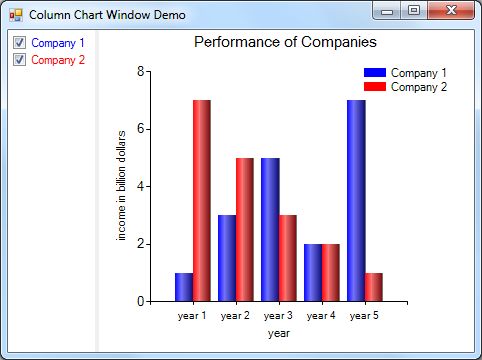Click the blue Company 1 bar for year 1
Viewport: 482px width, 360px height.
point(183,286)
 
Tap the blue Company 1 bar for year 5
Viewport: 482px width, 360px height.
point(356,200)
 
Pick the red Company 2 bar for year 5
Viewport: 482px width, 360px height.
point(374,286)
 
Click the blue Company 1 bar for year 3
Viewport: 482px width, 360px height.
point(270,229)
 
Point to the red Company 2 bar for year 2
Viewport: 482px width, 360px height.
point(244,229)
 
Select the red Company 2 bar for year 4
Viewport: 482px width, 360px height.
point(330,272)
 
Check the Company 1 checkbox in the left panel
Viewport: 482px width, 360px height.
point(18,44)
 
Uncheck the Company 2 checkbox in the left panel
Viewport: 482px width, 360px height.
point(18,60)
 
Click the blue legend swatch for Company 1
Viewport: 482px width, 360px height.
point(374,73)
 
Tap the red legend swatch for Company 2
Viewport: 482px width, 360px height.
point(374,87)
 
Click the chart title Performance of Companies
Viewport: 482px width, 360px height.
point(285,43)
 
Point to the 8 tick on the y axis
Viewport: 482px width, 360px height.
point(140,71)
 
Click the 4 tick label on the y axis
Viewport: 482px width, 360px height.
point(140,186)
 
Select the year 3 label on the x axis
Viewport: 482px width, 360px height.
point(278,316)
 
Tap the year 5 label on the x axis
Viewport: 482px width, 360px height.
point(365,316)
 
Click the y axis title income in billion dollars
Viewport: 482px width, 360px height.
point(122,185)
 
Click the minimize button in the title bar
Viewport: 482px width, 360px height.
point(388,11)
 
